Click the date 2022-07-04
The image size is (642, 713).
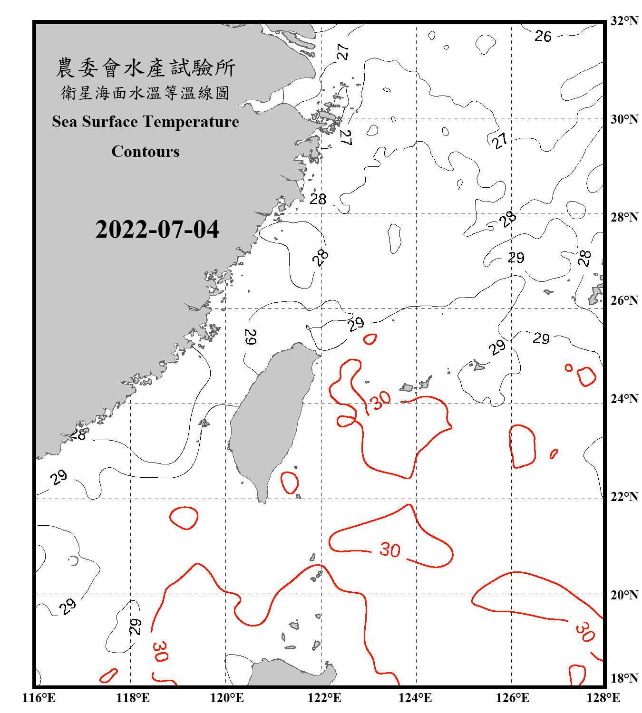tap(157, 230)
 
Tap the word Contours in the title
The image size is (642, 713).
tap(146, 152)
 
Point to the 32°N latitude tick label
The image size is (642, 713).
tap(624, 21)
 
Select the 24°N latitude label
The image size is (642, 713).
tap(624, 398)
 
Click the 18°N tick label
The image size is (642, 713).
tap(624, 678)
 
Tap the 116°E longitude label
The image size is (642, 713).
tap(39, 698)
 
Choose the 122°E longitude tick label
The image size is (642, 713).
tap(324, 698)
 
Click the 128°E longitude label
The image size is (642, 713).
tap(603, 698)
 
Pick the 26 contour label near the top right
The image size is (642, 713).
tap(543, 36)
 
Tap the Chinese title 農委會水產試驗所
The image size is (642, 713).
tap(146, 68)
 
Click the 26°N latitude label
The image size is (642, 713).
tap(624, 300)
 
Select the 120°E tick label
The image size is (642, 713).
tap(227, 698)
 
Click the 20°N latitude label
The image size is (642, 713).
tap(624, 595)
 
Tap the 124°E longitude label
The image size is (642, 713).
tap(415, 698)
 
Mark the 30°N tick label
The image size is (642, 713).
tap(624, 119)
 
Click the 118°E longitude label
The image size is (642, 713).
tap(133, 698)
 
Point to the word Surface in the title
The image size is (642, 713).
tap(109, 122)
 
